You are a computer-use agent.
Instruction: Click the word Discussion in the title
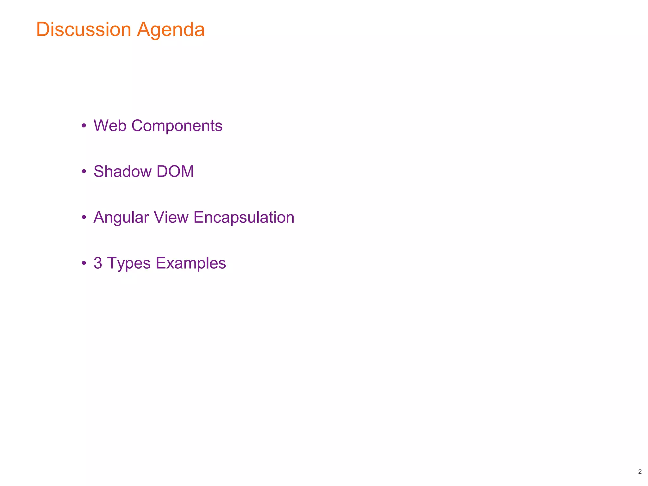[x=84, y=29]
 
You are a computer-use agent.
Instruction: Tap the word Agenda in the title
[x=171, y=30]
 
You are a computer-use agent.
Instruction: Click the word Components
[x=177, y=126]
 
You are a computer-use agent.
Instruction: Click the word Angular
[x=121, y=218]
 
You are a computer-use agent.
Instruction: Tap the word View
[x=171, y=217]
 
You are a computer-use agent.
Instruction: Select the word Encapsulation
[x=244, y=218]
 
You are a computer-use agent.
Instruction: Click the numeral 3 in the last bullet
[x=98, y=263]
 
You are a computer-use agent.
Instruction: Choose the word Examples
[x=191, y=263]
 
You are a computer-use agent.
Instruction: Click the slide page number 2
[x=640, y=472]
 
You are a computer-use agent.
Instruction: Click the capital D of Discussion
[x=43, y=29]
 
